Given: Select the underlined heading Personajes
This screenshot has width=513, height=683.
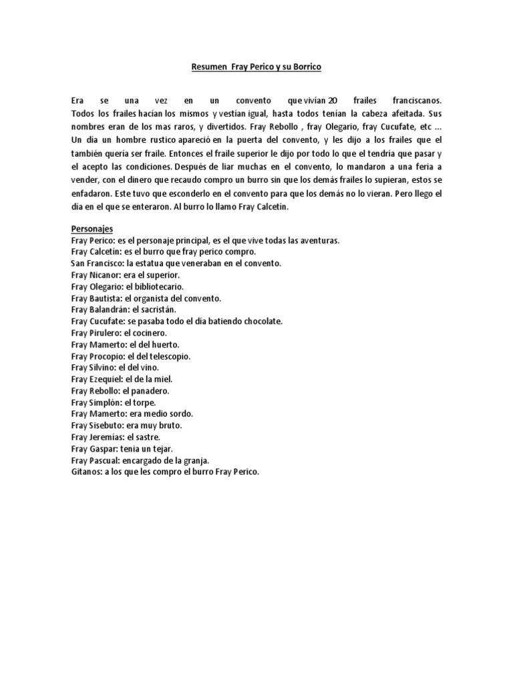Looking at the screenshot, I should (x=93, y=229).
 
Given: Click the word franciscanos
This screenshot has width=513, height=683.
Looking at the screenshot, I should (x=415, y=100).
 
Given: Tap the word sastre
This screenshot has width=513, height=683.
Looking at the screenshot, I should (x=146, y=437).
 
